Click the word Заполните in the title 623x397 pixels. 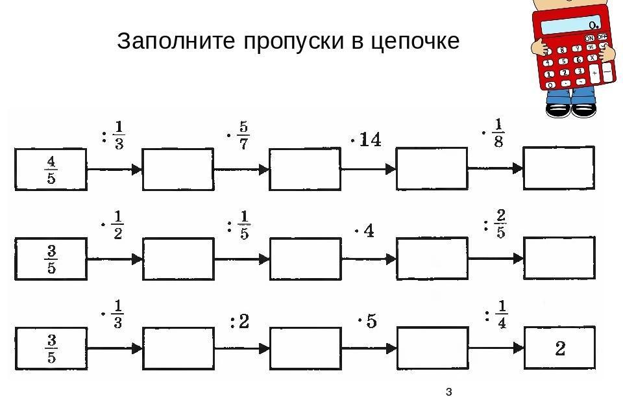click(x=176, y=40)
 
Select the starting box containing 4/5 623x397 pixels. click(x=51, y=170)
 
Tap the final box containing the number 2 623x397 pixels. click(x=560, y=348)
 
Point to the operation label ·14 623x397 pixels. click(x=366, y=140)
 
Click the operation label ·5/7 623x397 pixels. click(x=238, y=136)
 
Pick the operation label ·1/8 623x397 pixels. click(x=493, y=133)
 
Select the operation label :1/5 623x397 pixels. click(x=238, y=225)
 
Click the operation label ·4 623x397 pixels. click(x=364, y=231)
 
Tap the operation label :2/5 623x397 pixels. click(x=495, y=224)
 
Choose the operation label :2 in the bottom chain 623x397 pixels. click(x=239, y=321)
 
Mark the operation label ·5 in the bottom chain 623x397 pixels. click(x=367, y=320)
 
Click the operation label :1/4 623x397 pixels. click(x=496, y=314)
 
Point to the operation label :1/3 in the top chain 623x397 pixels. click(x=113, y=136)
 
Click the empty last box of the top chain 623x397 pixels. click(x=559, y=168)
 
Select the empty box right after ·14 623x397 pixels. click(x=432, y=168)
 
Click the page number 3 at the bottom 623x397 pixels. click(x=449, y=392)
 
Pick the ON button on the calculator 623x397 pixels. click(x=589, y=38)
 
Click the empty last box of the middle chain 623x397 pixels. click(x=559, y=258)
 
